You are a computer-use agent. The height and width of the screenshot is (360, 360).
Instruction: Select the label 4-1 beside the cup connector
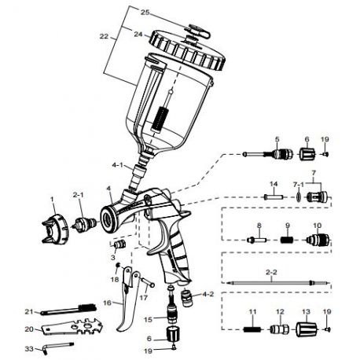[119, 166]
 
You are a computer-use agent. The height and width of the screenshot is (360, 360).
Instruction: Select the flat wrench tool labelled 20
[75, 329]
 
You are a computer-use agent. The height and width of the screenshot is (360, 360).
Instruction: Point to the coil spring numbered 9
[288, 237]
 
